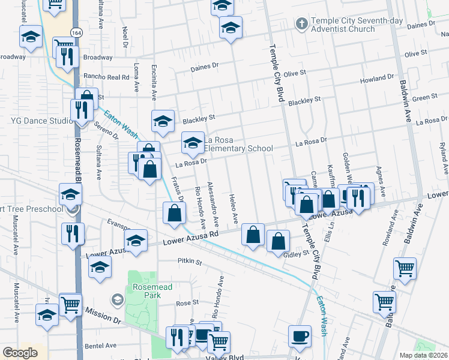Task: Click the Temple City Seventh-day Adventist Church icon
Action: tap(301, 24)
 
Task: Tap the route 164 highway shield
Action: tap(76, 32)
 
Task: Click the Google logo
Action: tap(20, 352)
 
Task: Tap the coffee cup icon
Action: tap(300, 336)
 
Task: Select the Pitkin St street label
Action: tap(190, 262)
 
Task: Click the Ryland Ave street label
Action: tap(443, 154)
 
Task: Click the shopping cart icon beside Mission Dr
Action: tap(71, 305)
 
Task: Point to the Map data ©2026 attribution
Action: tap(423, 355)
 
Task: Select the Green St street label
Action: tap(424, 97)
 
